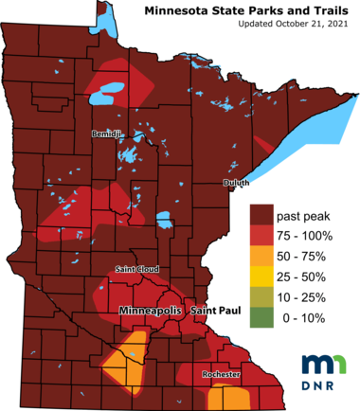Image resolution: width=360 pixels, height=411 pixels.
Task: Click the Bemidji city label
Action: (106, 134)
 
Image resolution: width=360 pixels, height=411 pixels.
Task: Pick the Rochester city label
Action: (220, 375)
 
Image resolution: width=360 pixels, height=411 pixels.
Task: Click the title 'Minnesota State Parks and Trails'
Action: (251, 10)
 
